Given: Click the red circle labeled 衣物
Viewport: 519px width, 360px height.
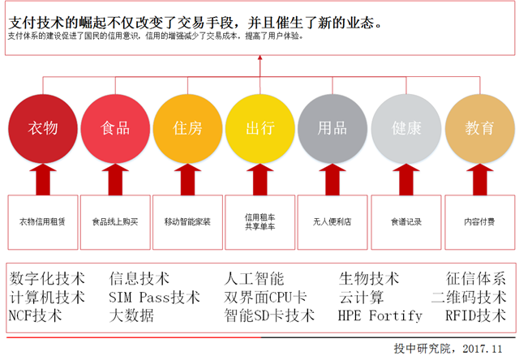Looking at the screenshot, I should [43, 129].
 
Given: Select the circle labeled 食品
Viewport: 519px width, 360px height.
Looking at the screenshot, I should [116, 129].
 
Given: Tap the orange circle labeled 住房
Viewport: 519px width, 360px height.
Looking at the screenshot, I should [188, 129].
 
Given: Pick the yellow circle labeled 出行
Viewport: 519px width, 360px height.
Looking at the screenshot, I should [260, 129].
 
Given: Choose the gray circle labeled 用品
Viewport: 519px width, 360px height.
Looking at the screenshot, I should [332, 129].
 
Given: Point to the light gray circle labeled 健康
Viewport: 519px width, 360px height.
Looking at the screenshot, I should [405, 129].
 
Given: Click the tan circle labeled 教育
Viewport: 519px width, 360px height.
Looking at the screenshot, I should [479, 129].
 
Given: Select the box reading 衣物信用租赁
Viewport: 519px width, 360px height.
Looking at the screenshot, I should [43, 221].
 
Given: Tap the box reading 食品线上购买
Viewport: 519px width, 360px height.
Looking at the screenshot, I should [116, 221].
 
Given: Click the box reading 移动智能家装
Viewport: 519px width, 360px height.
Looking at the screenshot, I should [188, 221].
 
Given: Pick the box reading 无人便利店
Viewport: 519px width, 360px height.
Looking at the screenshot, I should [332, 221].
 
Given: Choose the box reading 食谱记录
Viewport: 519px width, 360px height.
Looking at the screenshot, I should [405, 221].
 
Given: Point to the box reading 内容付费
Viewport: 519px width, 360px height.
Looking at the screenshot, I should [479, 221].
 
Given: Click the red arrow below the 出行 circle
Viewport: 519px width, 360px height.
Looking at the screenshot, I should [260, 178].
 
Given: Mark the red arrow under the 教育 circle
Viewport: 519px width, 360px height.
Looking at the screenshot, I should [479, 178].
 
